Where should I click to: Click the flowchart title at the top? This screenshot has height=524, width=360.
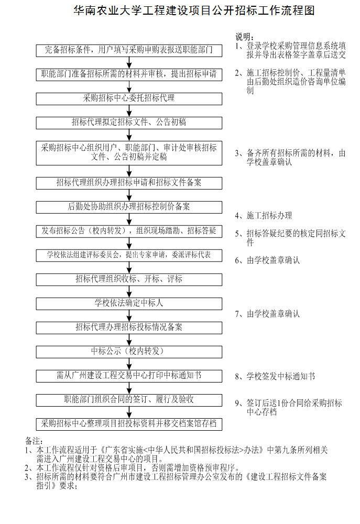pos(194,10)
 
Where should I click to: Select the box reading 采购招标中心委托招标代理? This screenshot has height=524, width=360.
pos(129,99)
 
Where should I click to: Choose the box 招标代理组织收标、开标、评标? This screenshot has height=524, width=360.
pos(129,280)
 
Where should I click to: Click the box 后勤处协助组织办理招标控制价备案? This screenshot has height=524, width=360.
pos(129,207)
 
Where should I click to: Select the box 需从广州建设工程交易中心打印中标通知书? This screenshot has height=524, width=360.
pos(129,376)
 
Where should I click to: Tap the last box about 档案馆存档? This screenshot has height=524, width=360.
pos(129,424)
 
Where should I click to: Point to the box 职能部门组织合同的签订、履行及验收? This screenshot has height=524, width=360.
pos(129,400)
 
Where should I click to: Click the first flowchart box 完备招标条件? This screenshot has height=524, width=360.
pos(129,51)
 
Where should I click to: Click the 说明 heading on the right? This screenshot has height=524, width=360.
pos(244,37)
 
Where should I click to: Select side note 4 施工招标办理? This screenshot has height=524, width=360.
pos(264,215)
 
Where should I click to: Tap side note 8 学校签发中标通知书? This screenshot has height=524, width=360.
pos(275,376)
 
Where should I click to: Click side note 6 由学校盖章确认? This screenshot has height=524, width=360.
pos(267,260)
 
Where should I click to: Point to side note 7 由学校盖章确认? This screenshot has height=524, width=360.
pos(267,313)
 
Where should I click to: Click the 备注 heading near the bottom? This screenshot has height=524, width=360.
pos(34,441)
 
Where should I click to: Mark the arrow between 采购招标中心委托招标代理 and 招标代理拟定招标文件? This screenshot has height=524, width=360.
pos(129,111)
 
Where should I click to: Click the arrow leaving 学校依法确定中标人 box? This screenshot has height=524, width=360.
pos(129,316)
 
